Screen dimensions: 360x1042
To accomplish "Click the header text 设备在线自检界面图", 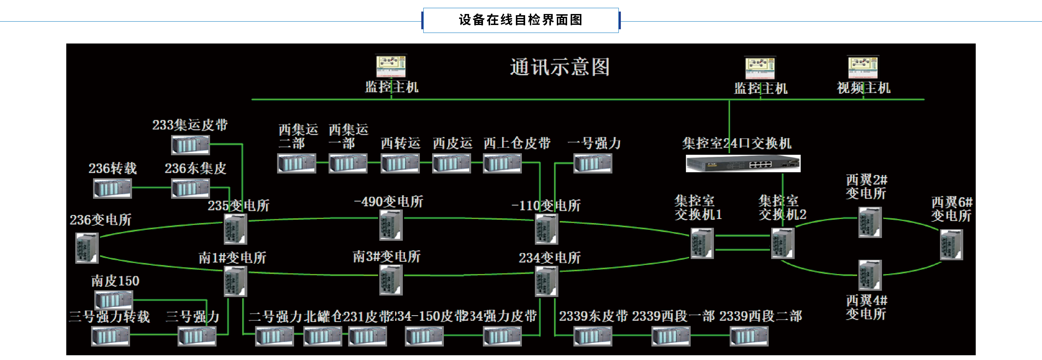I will point(521,20).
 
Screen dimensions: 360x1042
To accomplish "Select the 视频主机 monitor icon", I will point(863,67).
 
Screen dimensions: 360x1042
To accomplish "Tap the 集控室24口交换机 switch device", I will point(743,164).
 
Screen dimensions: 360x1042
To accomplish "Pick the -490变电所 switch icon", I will point(391,225).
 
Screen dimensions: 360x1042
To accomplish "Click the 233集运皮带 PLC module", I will point(191,145).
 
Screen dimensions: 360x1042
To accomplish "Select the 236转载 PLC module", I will point(113,188).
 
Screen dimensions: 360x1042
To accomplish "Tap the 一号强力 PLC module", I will point(593,163).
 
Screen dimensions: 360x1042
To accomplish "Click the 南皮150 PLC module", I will point(114,300).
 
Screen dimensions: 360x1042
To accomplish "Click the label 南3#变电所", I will point(386,256).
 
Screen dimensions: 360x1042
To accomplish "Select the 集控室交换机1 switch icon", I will point(702,243).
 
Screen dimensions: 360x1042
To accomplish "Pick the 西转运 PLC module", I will point(400,163).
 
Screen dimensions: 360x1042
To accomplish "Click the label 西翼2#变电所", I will point(866,186).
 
